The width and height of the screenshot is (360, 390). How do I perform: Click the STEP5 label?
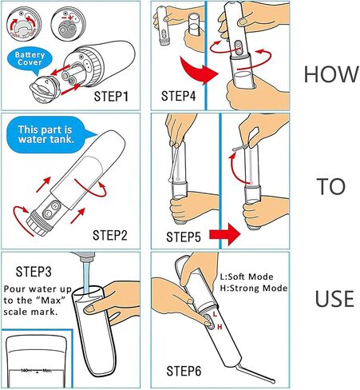[x=184, y=237]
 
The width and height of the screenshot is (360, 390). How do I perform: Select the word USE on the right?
[x=334, y=300]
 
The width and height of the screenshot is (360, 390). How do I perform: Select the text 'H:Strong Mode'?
[x=254, y=288]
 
